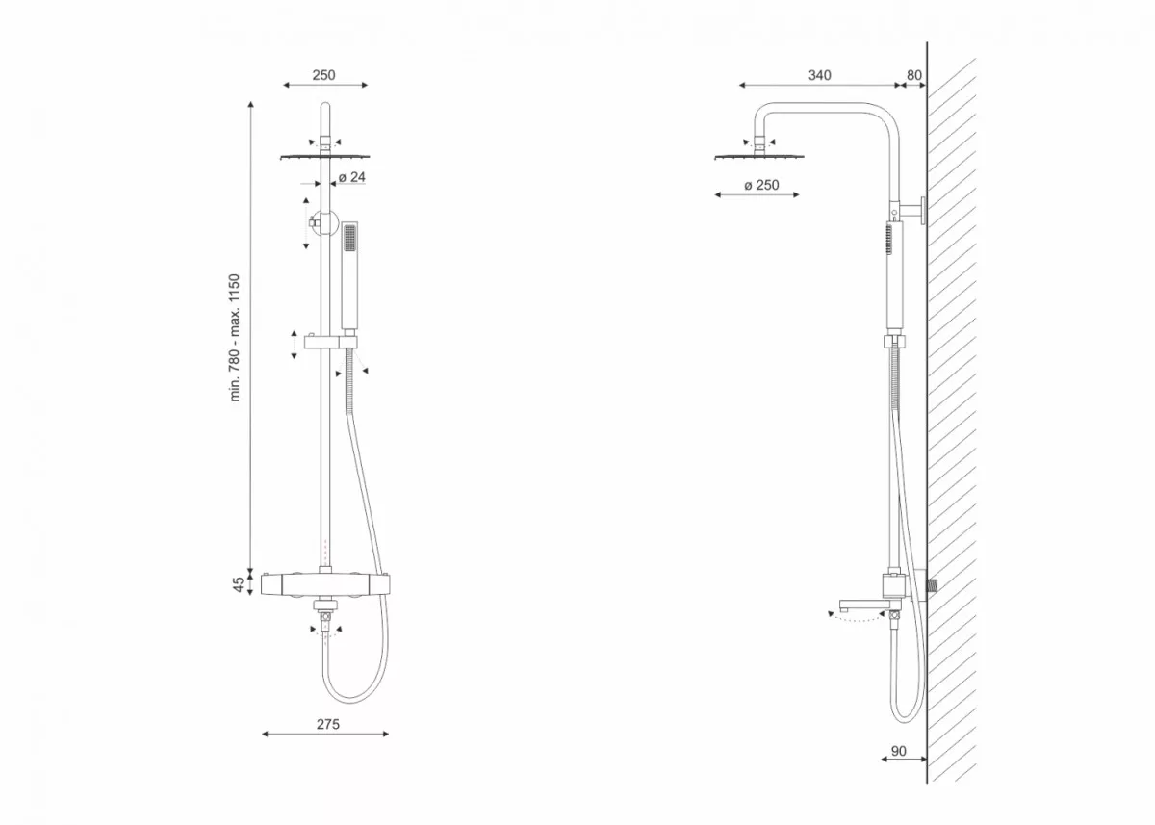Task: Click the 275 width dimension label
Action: tap(328, 725)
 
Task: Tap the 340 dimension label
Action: tap(819, 75)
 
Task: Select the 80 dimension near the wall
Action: tap(914, 75)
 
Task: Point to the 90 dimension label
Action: tap(898, 751)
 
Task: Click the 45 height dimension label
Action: tap(238, 584)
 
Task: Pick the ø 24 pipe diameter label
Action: tap(351, 177)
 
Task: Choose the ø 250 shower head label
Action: tap(761, 185)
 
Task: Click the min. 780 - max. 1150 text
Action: tap(235, 338)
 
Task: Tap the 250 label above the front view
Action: tap(323, 75)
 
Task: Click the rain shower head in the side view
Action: tap(759, 156)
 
